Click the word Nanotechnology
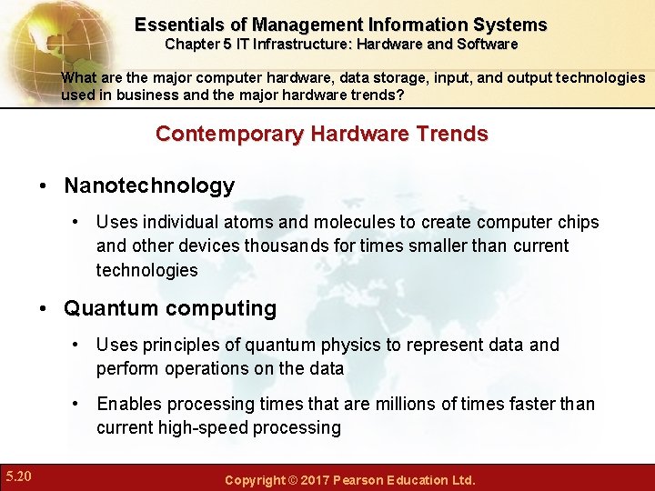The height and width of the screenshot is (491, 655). point(149,186)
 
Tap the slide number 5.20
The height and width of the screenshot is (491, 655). point(18,476)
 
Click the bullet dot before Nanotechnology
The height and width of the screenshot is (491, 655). point(44,187)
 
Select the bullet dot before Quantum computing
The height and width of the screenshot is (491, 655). point(44,309)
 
